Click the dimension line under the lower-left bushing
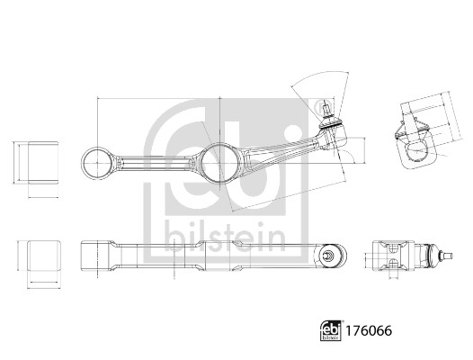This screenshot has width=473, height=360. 42,284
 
